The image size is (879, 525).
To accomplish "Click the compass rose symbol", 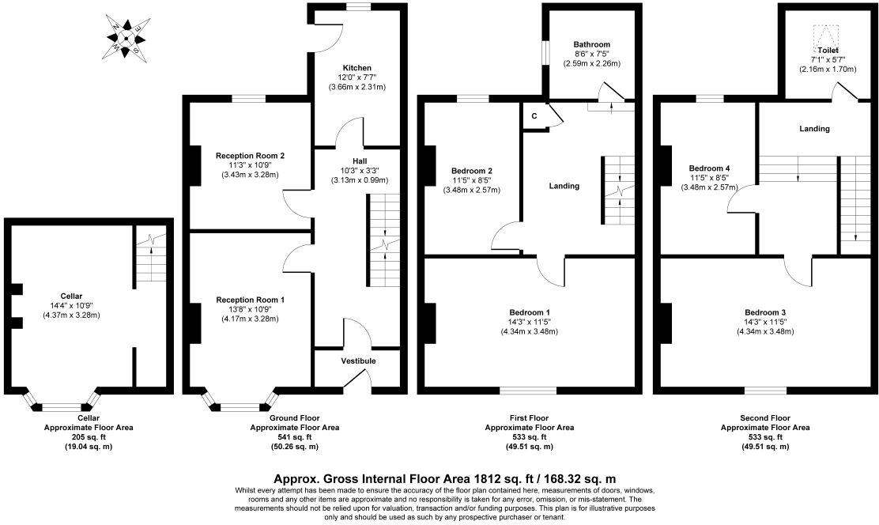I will pos(123,37).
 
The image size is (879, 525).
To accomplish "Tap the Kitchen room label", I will pos(357,68).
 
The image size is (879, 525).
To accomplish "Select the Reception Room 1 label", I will pos(250,300).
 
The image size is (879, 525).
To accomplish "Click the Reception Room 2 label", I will pos(250,156).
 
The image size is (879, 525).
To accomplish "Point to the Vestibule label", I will pos(358,361).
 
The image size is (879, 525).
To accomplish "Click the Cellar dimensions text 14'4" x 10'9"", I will pos(71,304).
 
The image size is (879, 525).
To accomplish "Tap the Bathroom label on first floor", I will pos(591,44).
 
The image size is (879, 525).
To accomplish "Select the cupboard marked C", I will pos(534,116).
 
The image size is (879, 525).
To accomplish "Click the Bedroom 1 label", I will pos(529,312).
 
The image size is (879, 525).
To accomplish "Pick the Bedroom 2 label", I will pos(472,171).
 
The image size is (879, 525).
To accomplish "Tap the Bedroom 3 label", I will pos(765,312).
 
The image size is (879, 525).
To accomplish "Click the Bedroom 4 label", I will pos(709,168).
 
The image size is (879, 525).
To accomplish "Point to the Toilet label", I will pos(828,50).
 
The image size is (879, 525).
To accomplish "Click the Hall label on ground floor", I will pos(360,161).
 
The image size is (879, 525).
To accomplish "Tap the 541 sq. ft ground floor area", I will pos(294,436).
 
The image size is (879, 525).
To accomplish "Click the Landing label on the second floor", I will pos(814,128).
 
